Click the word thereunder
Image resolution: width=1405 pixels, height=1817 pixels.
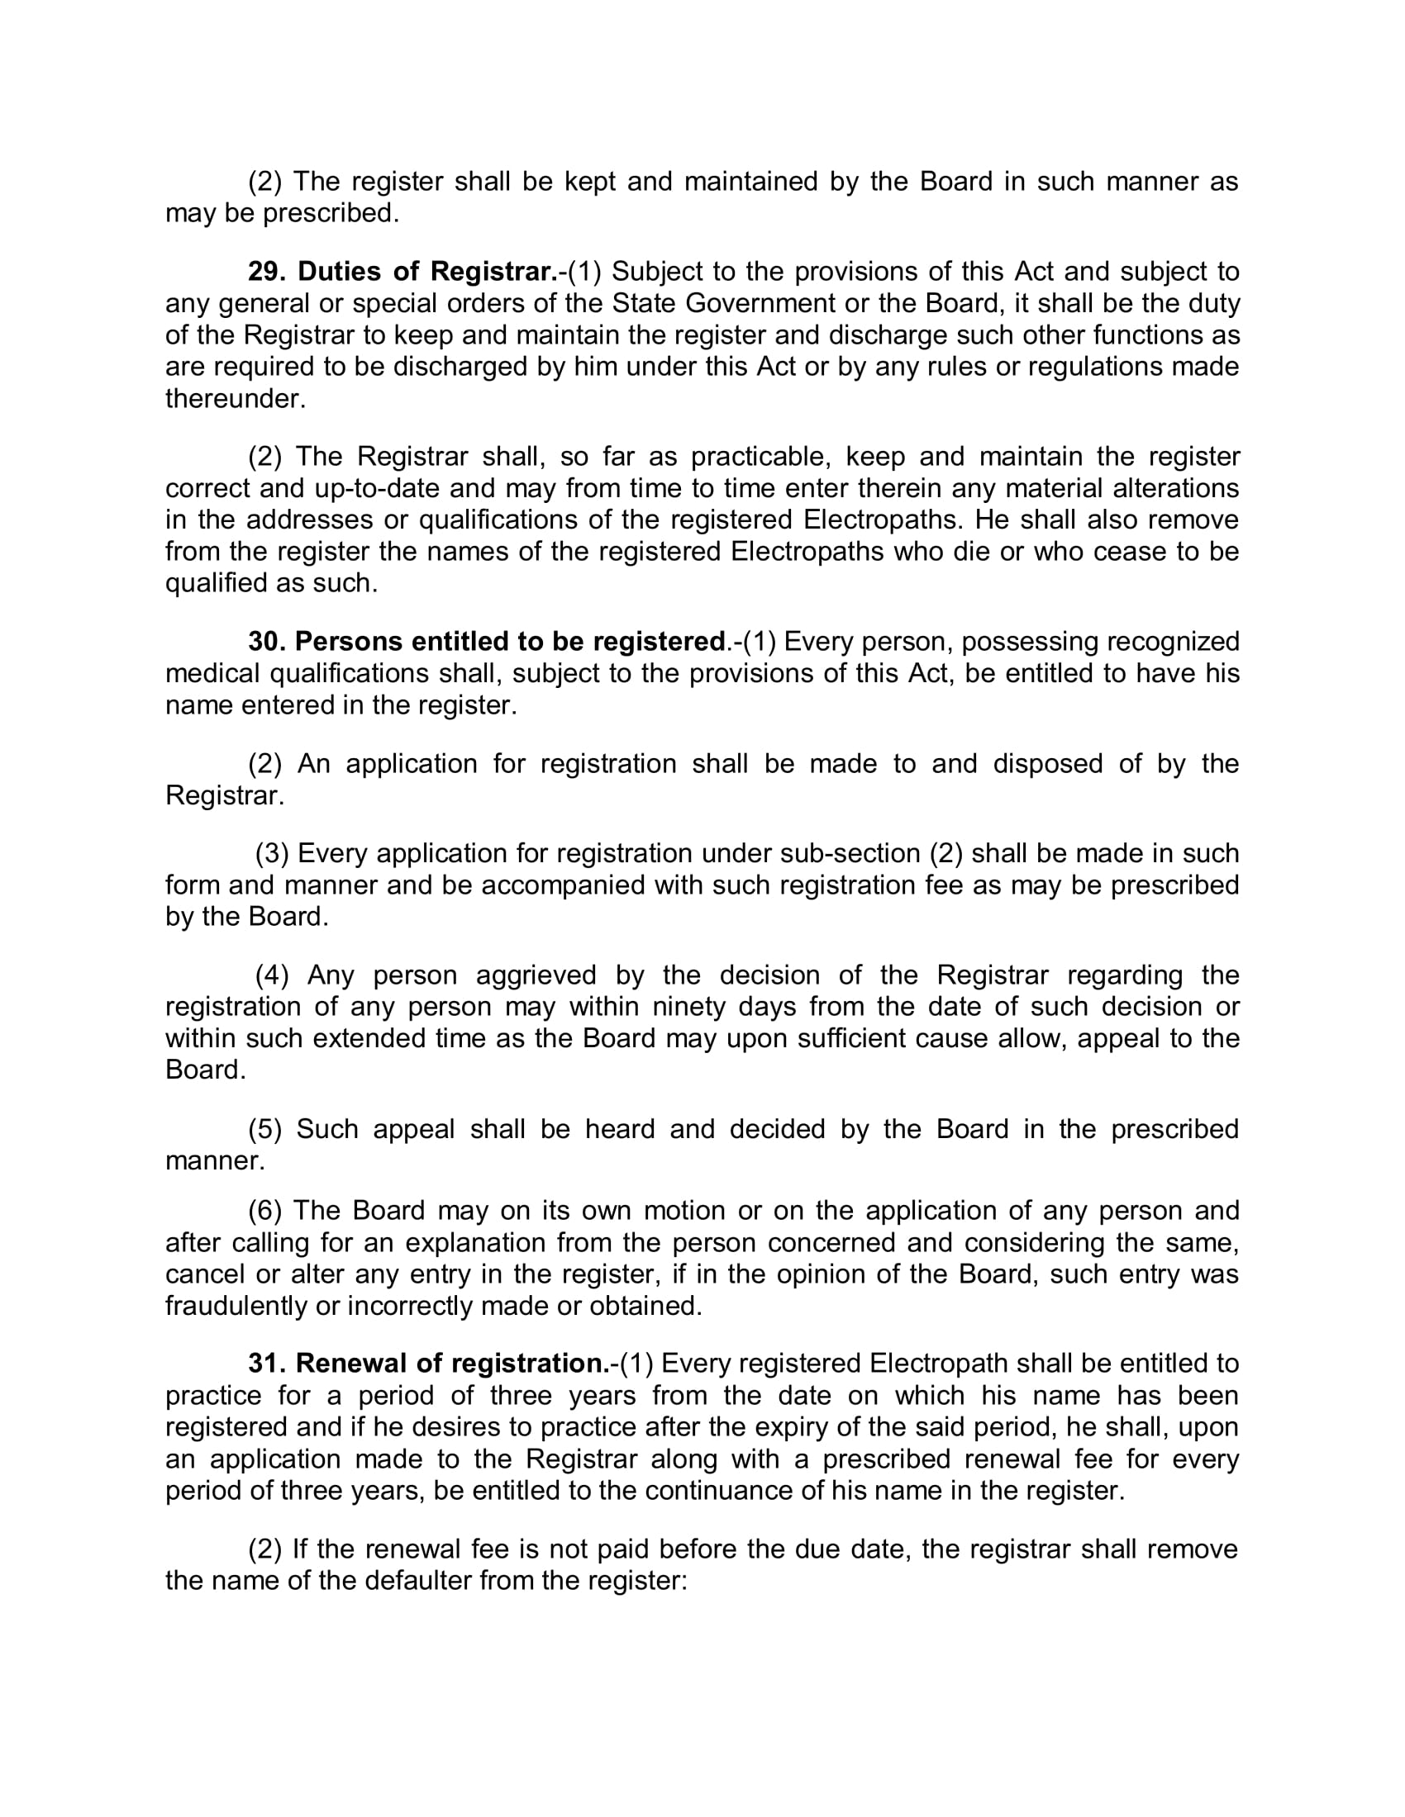[236, 399]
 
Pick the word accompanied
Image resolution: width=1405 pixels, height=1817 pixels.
[564, 885]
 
